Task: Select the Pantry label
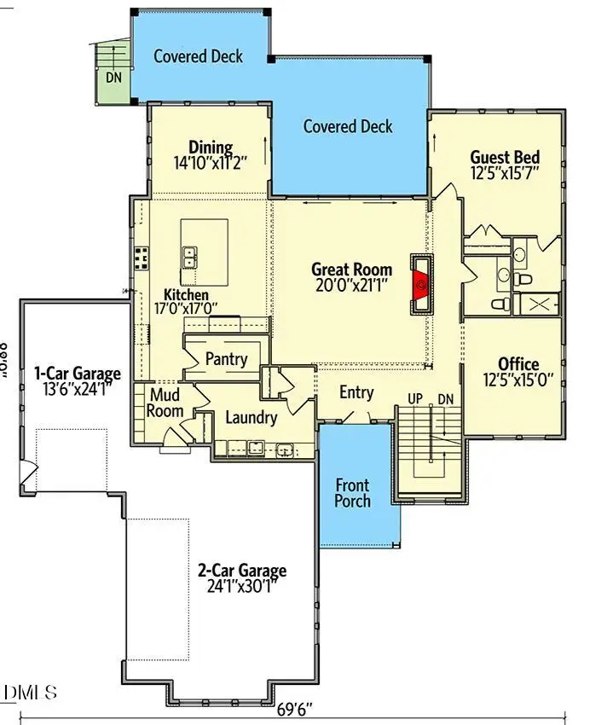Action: click(x=226, y=359)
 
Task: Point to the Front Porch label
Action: click(x=352, y=491)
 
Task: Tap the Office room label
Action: click(x=518, y=364)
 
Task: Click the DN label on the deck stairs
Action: click(x=113, y=77)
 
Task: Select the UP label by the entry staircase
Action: click(x=416, y=399)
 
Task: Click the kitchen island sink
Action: click(x=191, y=253)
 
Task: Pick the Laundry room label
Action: click(x=251, y=418)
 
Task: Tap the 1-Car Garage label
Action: click(x=77, y=373)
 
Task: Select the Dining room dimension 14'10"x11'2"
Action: click(x=210, y=162)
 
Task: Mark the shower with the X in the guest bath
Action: click(x=541, y=304)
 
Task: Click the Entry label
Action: click(x=356, y=392)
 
